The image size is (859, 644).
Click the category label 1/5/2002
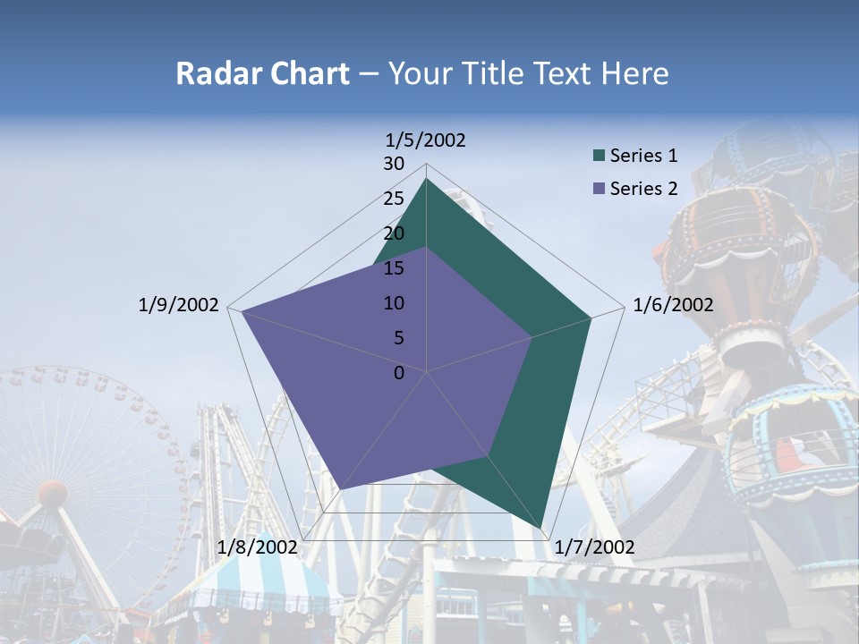(426, 140)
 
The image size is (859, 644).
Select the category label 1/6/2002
(673, 305)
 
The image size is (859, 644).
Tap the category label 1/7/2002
(594, 547)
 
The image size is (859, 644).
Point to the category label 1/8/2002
(257, 547)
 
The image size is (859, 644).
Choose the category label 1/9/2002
(179, 305)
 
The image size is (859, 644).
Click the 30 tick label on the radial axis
(394, 164)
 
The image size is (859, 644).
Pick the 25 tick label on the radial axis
(394, 199)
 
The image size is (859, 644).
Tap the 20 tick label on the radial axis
(394, 233)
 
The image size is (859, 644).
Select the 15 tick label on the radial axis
(394, 268)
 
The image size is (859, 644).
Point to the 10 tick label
(394, 303)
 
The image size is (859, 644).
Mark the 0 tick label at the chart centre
(399, 373)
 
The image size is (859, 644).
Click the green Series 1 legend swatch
(599, 157)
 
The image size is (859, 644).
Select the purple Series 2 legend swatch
(599, 189)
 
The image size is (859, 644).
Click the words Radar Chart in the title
(262, 73)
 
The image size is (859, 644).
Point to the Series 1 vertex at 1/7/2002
(542, 529)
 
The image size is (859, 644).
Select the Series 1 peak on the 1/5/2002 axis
(427, 179)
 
